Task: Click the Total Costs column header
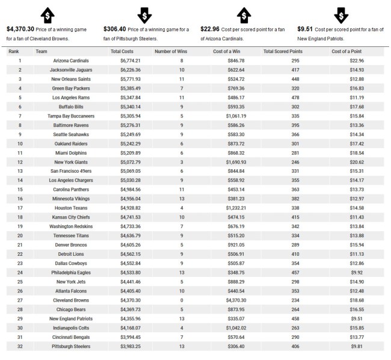(x=123, y=51)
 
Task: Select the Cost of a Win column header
(x=226, y=51)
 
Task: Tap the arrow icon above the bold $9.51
(x=340, y=14)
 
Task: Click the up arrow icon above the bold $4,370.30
(x=48, y=14)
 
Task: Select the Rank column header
(x=14, y=51)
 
